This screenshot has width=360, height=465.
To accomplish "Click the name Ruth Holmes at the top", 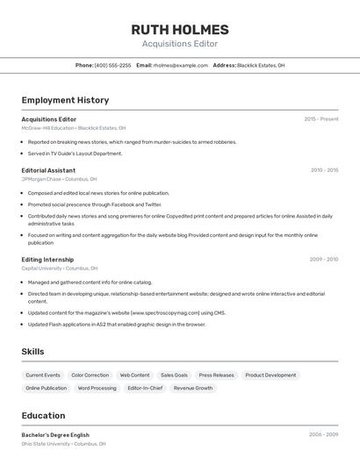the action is click(x=180, y=29).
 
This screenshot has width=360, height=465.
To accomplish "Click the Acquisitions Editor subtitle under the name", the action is click(x=180, y=44).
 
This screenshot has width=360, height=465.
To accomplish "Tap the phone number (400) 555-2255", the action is click(x=112, y=65).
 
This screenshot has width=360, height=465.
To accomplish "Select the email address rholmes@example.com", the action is click(x=180, y=65).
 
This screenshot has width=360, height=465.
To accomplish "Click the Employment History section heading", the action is click(x=65, y=100).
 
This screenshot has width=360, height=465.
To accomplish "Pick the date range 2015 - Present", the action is click(x=320, y=119).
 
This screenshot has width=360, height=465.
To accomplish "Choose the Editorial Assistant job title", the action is click(x=48, y=170).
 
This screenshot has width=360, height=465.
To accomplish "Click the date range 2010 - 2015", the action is click(x=324, y=170).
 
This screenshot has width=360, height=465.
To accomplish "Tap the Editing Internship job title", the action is click(x=48, y=260).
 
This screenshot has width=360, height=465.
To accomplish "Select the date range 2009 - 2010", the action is click(x=323, y=260).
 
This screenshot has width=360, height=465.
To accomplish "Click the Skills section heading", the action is click(x=32, y=352).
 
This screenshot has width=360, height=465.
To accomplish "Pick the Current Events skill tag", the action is click(x=43, y=376).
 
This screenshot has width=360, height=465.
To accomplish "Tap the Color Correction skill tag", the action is click(x=90, y=376).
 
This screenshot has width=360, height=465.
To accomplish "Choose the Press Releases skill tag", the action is click(x=216, y=376).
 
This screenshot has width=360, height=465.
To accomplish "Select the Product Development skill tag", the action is click(x=270, y=376).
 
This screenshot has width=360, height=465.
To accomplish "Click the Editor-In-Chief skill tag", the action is click(x=145, y=388).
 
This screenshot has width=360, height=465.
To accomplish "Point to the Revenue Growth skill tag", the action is click(x=192, y=388).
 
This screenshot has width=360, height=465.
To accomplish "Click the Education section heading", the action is click(x=43, y=416).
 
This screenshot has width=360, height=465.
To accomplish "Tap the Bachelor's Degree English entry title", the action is click(x=55, y=435).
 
